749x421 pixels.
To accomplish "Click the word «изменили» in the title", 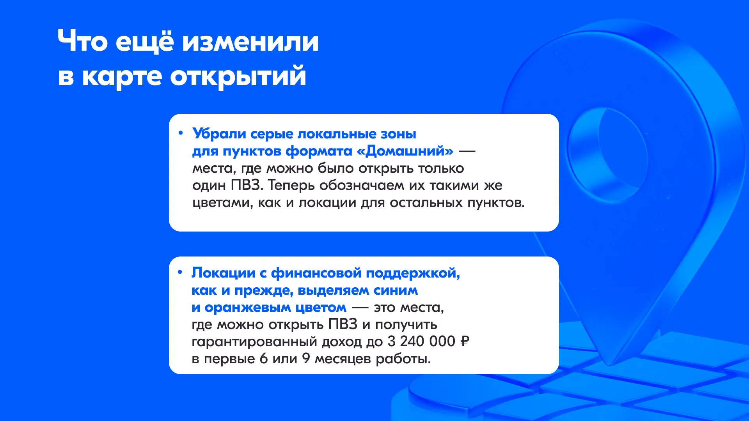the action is tap(250, 41).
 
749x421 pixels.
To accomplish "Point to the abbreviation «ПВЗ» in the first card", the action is tap(245, 185).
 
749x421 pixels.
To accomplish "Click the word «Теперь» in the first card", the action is tap(291, 186).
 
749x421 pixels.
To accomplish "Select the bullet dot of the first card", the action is tap(180, 133).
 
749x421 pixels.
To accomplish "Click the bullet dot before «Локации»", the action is tap(180, 272).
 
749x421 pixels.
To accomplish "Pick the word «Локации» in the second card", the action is tap(224, 273).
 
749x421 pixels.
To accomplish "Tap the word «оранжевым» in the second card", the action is tap(248, 308).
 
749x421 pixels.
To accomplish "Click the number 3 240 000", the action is tap(421, 341).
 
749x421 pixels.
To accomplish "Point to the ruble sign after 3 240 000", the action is tap(465, 341).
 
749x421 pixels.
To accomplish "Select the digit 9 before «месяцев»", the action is tap(306, 359).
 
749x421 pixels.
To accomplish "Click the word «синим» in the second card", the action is tap(396, 290).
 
